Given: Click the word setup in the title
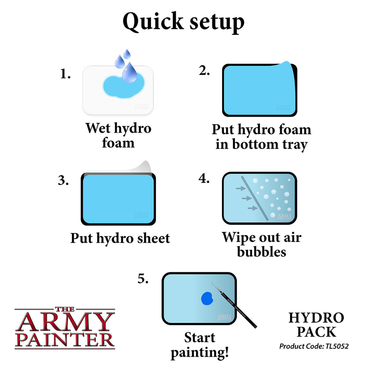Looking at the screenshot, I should click(x=215, y=22).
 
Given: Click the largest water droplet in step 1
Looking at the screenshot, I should click(x=130, y=73).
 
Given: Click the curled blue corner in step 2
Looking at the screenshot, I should click(x=288, y=66).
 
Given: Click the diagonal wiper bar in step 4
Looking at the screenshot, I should click(x=255, y=198).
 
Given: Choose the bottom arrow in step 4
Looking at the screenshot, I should click(x=252, y=208).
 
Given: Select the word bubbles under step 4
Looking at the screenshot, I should click(x=261, y=252).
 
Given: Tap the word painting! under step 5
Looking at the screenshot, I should click(x=200, y=353).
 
